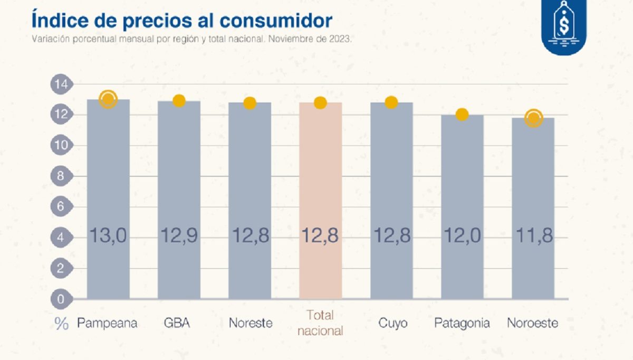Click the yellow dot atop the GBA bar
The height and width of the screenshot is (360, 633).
(179, 101)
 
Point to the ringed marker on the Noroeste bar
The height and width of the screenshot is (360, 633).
(533, 118)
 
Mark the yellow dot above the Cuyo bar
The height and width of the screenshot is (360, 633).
(391, 102)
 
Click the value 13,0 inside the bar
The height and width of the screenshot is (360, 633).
(108, 235)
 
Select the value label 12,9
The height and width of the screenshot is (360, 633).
(179, 235)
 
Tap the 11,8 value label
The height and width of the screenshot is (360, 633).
(533, 235)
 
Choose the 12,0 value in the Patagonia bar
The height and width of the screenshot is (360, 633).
(462, 235)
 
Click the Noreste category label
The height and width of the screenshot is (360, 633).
(251, 323)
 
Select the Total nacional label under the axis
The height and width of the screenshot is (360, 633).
(320, 323)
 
